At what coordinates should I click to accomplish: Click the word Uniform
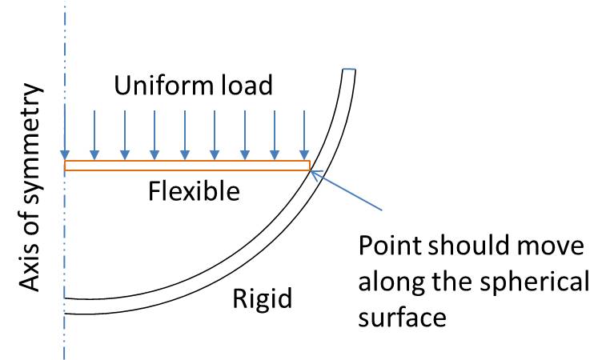point(154,85)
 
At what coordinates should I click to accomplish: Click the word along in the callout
point(391,282)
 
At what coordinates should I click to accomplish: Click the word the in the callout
point(455,282)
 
